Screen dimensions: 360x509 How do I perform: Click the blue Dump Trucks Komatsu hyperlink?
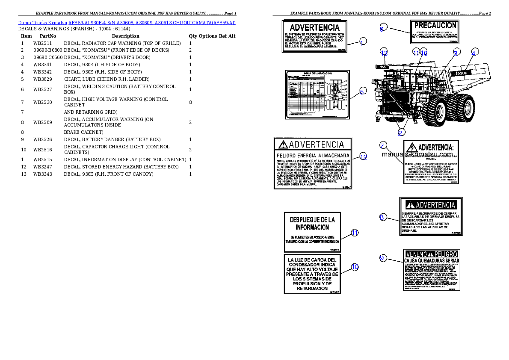(127, 23)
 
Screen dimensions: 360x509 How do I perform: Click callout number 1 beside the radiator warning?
(362, 42)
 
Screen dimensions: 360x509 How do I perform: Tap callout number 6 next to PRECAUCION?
(382, 29)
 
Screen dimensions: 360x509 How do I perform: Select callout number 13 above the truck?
(384, 53)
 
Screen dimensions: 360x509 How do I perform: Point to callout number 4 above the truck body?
(473, 53)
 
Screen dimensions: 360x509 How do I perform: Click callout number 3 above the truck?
(456, 53)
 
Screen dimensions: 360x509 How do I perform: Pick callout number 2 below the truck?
(400, 132)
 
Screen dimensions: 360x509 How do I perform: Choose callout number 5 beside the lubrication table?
(362, 91)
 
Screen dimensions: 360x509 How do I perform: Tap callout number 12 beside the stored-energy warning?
(363, 157)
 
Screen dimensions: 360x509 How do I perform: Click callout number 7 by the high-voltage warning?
(383, 145)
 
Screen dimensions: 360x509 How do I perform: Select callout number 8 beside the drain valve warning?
(382, 217)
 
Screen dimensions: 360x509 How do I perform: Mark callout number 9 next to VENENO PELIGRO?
(382, 257)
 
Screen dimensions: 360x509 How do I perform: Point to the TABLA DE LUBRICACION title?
(317, 74)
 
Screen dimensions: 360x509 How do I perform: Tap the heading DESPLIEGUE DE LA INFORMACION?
(313, 223)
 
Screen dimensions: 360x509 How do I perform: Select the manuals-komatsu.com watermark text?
(417, 155)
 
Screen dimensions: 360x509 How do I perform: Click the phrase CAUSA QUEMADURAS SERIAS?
(432, 260)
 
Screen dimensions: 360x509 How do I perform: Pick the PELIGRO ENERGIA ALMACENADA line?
(313, 155)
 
